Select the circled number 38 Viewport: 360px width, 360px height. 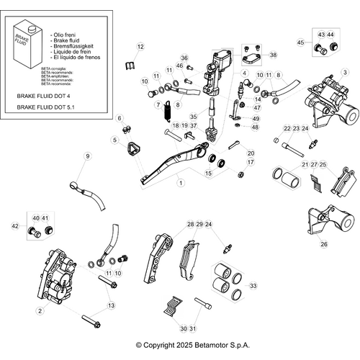272,55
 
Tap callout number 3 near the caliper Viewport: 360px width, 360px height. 344,72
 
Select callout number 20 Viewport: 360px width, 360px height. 251,153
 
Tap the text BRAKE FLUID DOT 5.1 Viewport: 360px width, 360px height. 46,107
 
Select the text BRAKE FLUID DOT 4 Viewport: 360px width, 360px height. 45,94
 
